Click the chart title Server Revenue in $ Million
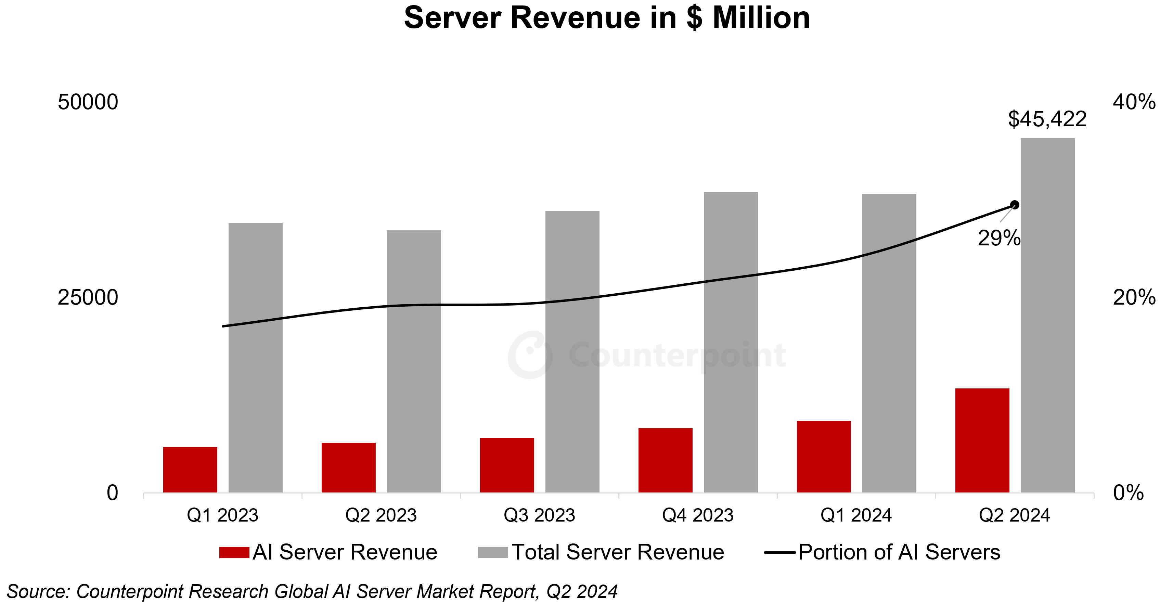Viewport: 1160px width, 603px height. [x=607, y=18]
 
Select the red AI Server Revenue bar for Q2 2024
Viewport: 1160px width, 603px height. [x=982, y=440]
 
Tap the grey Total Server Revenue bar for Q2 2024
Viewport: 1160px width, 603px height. [x=1047, y=315]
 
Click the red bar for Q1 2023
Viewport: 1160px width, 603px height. [x=190, y=469]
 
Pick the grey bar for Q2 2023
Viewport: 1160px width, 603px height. [x=414, y=361]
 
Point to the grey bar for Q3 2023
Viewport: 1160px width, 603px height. [x=572, y=351]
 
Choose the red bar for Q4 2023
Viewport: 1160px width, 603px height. [x=665, y=460]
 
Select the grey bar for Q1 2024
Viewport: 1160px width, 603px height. [x=889, y=343]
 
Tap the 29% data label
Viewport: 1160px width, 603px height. [x=999, y=238]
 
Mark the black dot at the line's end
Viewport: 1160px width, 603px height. [x=1015, y=205]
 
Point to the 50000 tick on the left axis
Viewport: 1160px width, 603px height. [x=88, y=102]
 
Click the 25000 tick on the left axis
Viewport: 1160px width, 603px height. [x=88, y=298]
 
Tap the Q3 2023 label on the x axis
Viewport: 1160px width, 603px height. [x=540, y=515]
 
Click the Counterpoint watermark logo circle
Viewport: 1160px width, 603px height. [x=530, y=355]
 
